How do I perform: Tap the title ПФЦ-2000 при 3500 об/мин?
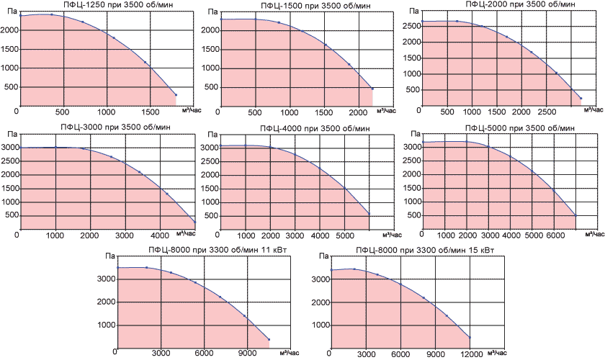[x=501, y=4]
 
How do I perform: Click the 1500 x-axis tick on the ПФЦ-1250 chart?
[x=151, y=112]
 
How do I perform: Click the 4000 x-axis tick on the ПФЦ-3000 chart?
[x=160, y=235]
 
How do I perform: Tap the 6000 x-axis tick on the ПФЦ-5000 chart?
[x=555, y=235]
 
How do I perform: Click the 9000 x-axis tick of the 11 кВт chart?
[x=246, y=354]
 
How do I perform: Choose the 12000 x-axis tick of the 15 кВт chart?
[x=470, y=354]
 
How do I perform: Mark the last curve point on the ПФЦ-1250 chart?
[x=176, y=94]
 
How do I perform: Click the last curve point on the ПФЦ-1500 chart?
[x=372, y=89]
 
